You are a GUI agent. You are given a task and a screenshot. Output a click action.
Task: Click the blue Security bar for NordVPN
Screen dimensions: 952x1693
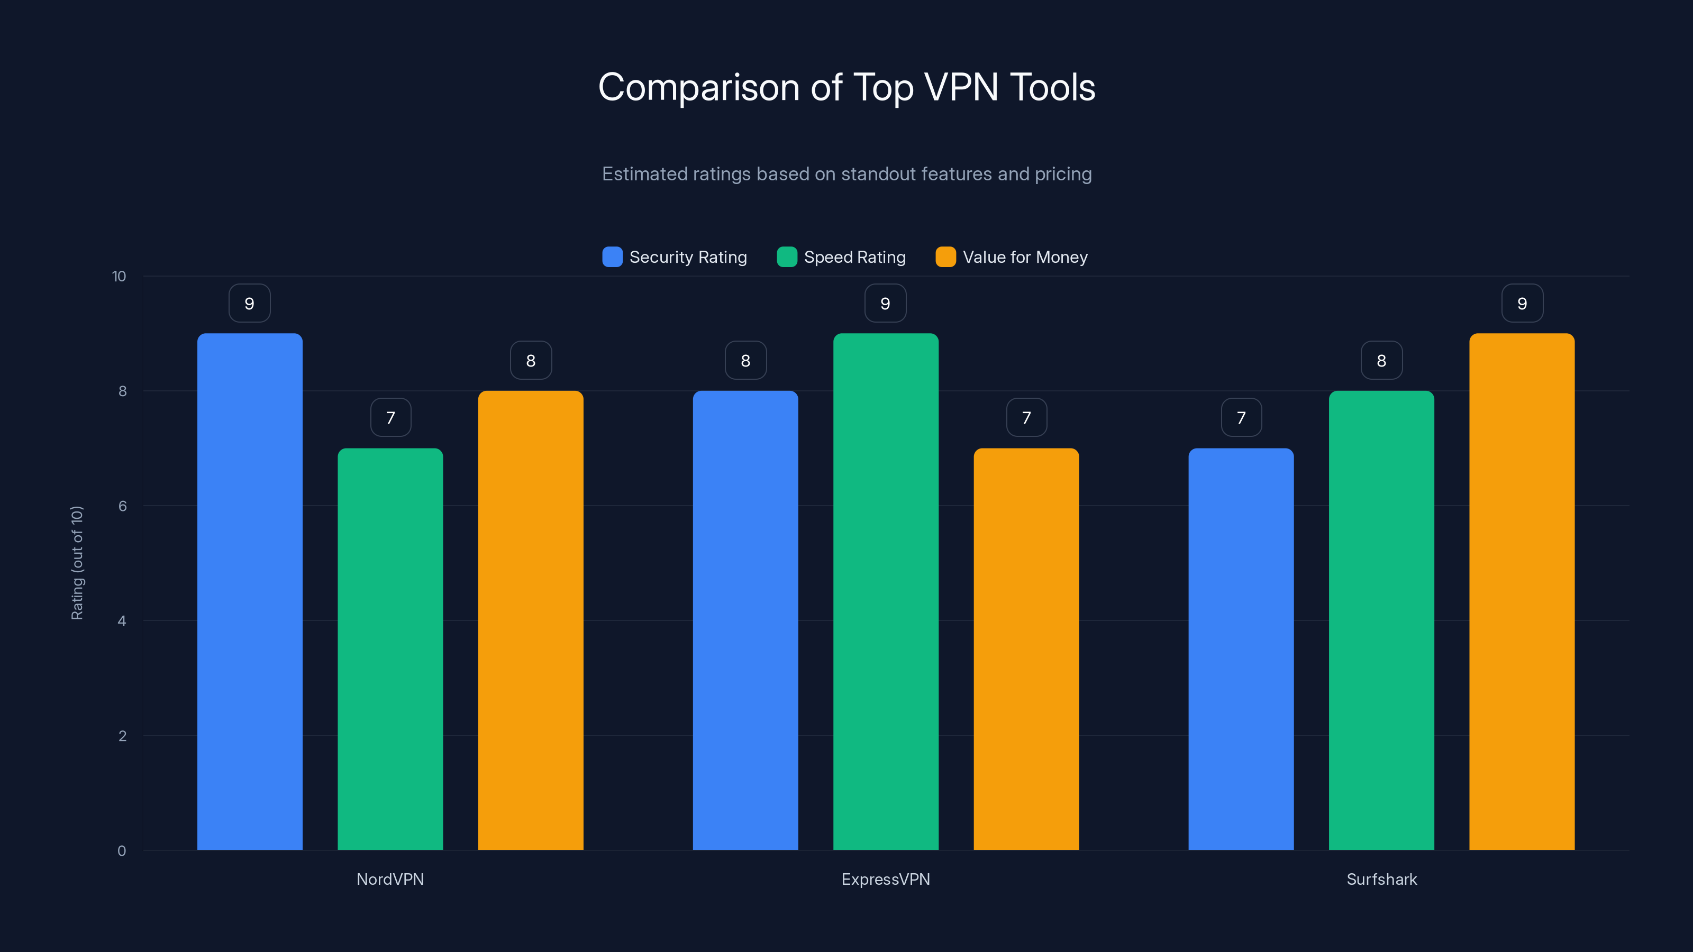click(250, 591)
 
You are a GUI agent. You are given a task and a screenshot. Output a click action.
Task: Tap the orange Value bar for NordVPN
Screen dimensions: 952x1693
click(530, 620)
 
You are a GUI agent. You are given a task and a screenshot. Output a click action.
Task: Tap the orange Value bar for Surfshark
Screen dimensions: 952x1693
click(1522, 591)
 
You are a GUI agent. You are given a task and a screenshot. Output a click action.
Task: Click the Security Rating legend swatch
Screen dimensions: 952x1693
click(612, 257)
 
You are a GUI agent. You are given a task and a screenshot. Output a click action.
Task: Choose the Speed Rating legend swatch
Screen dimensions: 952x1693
click(787, 257)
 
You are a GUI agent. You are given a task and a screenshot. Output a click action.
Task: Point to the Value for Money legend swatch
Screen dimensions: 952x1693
click(945, 257)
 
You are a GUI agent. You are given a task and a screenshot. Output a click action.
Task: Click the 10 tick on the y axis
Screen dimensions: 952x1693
click(119, 276)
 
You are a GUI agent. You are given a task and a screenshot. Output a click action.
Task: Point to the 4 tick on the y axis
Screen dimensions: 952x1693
click(122, 621)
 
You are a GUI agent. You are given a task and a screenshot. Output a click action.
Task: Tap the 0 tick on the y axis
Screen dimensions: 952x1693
click(122, 851)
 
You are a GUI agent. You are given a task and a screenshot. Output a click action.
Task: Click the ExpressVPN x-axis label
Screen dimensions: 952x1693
click(885, 879)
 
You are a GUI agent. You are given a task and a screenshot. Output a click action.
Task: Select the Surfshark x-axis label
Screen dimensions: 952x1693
click(1381, 879)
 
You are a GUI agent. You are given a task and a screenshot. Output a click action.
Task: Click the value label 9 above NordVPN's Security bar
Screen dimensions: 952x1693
click(249, 304)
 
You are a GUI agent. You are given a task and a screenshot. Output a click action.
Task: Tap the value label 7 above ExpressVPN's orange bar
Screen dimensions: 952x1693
click(1026, 418)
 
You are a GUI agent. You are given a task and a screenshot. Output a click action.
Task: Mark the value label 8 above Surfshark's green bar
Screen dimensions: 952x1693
click(1381, 361)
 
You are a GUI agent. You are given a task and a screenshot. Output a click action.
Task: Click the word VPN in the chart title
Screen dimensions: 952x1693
click(961, 87)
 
